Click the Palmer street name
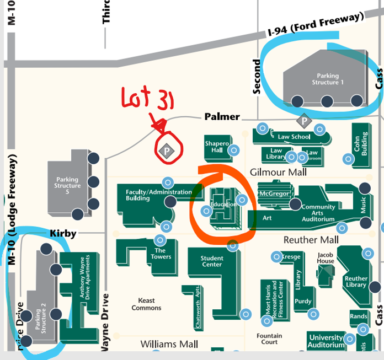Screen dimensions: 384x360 pyautogui.click(x=222, y=116)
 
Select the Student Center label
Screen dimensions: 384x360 pyautogui.click(x=212, y=261)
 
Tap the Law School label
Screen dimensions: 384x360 pyautogui.click(x=294, y=137)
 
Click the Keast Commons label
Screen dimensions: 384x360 pyautogui.click(x=146, y=304)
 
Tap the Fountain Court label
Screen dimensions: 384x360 pyautogui.click(x=269, y=338)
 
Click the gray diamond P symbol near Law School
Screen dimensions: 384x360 pyautogui.click(x=303, y=121)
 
